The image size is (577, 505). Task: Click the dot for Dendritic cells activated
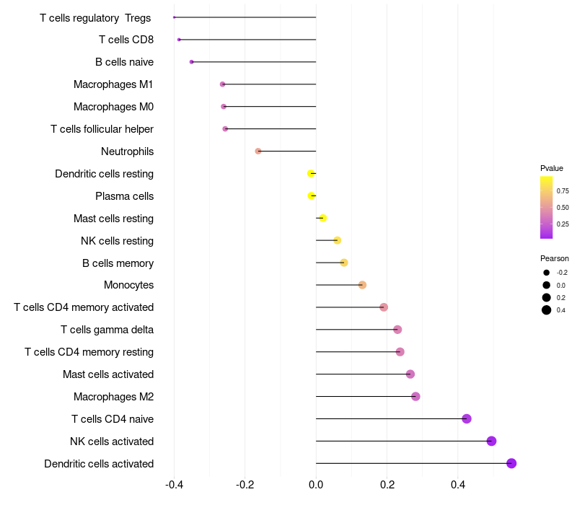[511, 463]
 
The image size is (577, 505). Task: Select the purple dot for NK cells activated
[491, 441]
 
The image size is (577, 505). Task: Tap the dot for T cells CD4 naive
[466, 419]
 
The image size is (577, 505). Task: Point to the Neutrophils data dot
[258, 151]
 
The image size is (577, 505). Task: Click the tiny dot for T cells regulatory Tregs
[174, 17]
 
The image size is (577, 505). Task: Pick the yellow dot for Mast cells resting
[322, 219]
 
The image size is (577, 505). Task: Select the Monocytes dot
[362, 285]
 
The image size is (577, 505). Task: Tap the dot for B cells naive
[191, 62]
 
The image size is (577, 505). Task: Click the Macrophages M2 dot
[415, 396]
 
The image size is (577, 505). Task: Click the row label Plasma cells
[124, 196]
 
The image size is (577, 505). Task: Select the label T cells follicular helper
[102, 129]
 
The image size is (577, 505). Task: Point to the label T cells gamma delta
[107, 330]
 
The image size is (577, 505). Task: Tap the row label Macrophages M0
[113, 107]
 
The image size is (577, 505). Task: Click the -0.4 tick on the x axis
[174, 484]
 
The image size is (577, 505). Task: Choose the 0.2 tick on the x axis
[387, 484]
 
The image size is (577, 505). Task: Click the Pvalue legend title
[552, 168]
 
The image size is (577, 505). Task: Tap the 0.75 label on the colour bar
[563, 191]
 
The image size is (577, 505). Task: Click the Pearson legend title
[555, 258]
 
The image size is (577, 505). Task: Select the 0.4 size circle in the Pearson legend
[547, 310]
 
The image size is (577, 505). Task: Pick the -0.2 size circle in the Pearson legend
[547, 273]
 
